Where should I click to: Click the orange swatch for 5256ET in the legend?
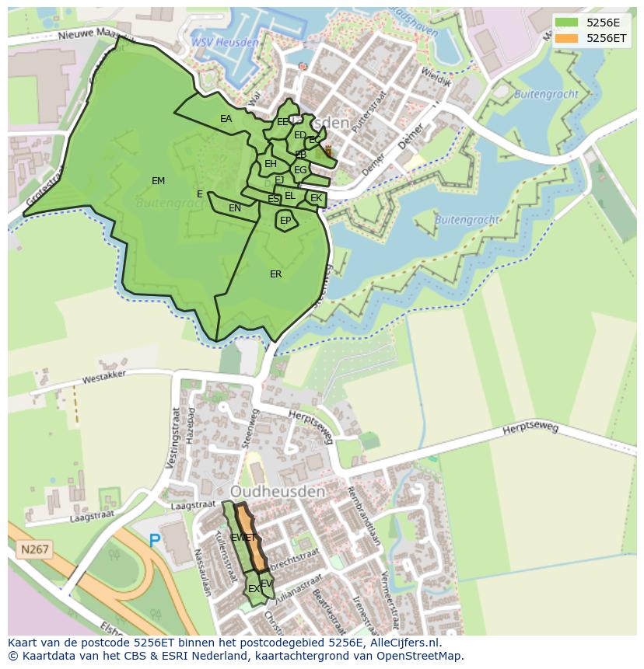(x=565, y=38)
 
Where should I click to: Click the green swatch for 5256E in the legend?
(x=565, y=23)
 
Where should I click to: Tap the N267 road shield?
(x=34, y=549)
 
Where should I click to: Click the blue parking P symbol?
(x=155, y=540)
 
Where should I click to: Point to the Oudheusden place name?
(x=277, y=492)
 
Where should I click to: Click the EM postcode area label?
(x=158, y=181)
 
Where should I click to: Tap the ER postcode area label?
(x=275, y=274)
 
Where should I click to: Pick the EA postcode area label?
(x=226, y=119)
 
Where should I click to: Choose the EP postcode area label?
(x=285, y=221)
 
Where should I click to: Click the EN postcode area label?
(x=235, y=208)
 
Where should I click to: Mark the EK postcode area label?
(x=316, y=198)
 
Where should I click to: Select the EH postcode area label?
(x=271, y=164)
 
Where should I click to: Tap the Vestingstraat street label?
(x=174, y=435)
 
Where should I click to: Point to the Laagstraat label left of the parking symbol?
(x=92, y=514)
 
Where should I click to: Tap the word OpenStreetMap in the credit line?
(x=425, y=656)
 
